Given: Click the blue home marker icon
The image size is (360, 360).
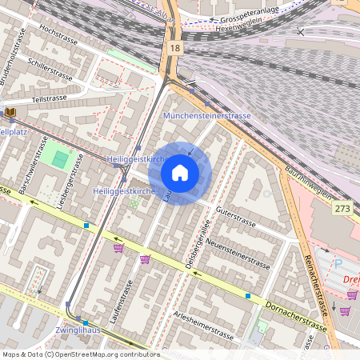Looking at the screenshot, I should click(180, 173).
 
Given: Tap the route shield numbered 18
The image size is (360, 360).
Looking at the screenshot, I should click(174, 49).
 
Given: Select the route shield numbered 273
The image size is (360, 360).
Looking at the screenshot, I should click(342, 208).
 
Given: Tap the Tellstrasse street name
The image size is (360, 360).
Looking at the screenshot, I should click(49, 98).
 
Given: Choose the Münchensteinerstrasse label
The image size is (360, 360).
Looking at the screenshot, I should click(206, 116).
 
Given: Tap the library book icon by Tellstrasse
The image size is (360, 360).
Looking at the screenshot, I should click(10, 113).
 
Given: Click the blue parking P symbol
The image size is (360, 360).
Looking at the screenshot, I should click(338, 263).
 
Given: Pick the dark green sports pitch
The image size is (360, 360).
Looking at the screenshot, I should click(60, 159).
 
